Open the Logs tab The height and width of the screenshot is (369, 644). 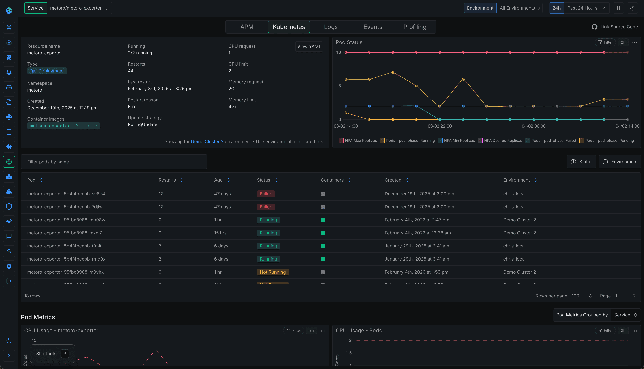click(331, 27)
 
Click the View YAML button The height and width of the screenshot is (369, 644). click(309, 47)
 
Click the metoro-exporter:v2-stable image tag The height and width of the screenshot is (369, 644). click(64, 126)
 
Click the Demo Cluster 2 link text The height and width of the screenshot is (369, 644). click(207, 142)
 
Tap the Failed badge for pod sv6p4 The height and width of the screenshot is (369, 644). click(266, 194)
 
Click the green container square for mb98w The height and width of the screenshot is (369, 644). click(323, 220)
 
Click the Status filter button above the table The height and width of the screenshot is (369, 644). click(581, 162)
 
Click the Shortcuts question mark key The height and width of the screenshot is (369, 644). click(65, 354)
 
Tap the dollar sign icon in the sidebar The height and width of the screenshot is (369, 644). click(9, 251)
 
